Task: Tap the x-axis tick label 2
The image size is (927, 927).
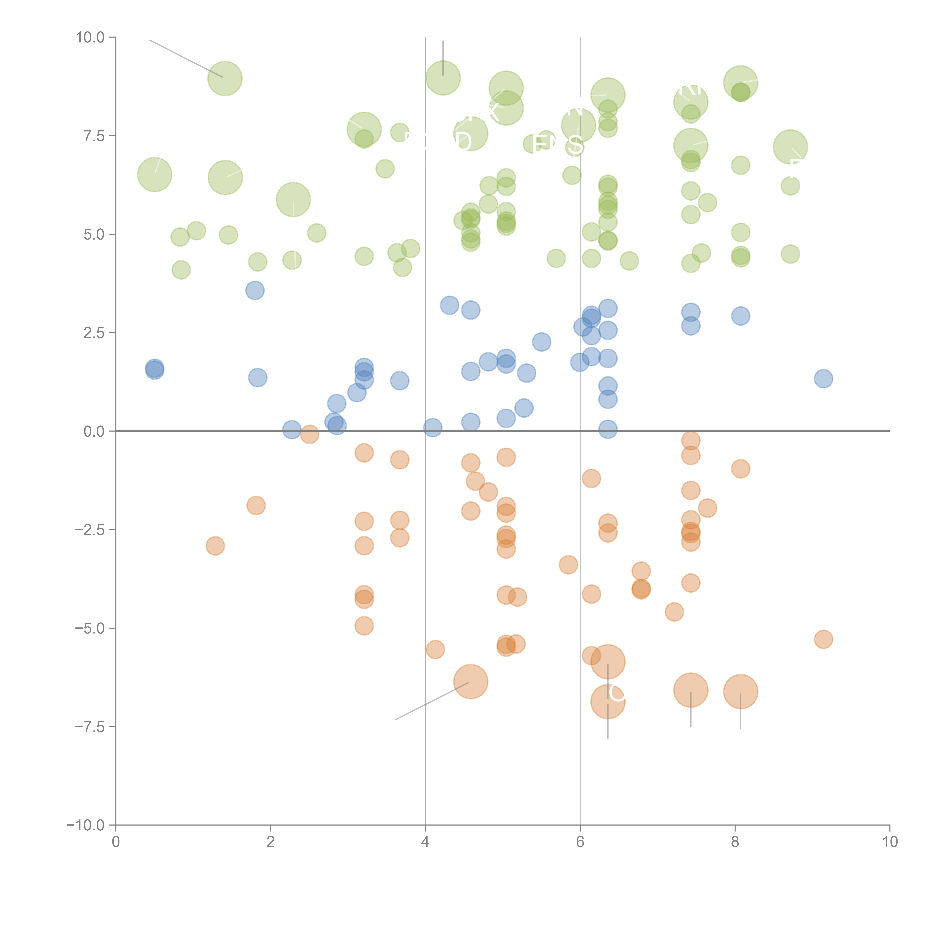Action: pyautogui.click(x=271, y=842)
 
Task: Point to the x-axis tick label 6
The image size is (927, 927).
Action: pyautogui.click(x=580, y=842)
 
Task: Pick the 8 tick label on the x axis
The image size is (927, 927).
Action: pyautogui.click(x=735, y=842)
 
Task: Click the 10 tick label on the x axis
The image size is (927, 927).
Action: pyautogui.click(x=890, y=842)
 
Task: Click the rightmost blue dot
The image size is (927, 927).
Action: pyautogui.click(x=823, y=379)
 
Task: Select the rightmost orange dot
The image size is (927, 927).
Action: pyautogui.click(x=823, y=639)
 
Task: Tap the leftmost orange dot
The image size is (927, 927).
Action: pyautogui.click(x=215, y=546)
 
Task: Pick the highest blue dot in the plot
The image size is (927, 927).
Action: pyautogui.click(x=255, y=290)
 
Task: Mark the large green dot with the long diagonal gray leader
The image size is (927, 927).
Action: pyautogui.click(x=225, y=79)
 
